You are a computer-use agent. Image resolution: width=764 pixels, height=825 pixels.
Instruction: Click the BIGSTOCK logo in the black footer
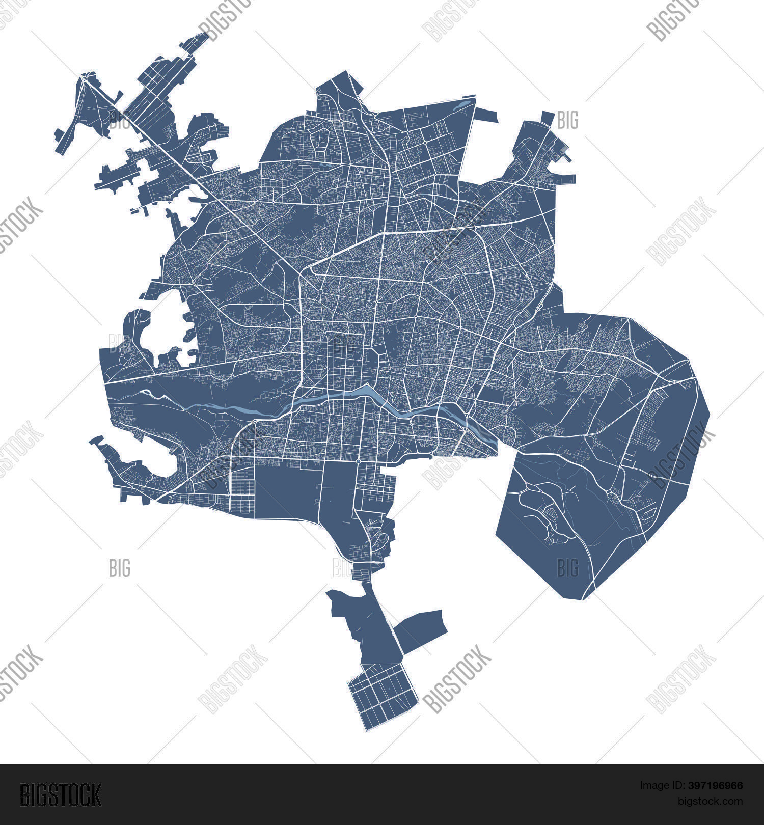click(x=61, y=794)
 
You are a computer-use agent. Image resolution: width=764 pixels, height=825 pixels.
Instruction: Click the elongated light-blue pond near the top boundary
click(x=461, y=105)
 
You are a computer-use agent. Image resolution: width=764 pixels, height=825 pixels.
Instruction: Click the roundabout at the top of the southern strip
click(x=359, y=461)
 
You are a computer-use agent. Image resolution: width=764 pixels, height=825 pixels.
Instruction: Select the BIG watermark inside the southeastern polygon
click(x=567, y=567)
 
